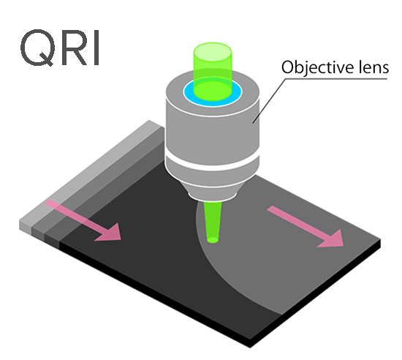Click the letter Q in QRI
click(x=37, y=48)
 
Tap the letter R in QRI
click(x=73, y=48)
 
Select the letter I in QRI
click(x=96, y=48)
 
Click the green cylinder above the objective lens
click(x=213, y=71)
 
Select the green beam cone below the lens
click(x=213, y=221)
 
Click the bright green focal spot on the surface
click(x=213, y=240)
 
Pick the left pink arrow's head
click(x=110, y=233)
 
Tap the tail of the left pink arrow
click(x=47, y=203)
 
